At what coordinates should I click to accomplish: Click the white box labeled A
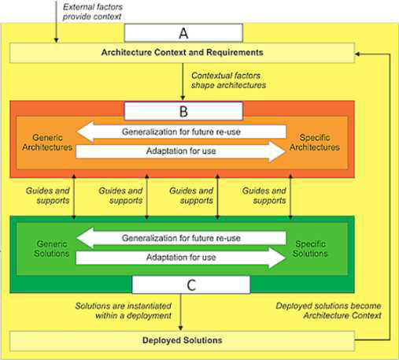pos(183,33)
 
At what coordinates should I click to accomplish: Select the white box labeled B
pos(183,111)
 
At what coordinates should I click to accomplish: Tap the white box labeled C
pos(191,284)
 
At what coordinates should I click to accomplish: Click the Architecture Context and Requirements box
pos(182,53)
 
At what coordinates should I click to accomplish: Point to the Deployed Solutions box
pos(182,341)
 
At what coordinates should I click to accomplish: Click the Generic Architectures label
pos(47,143)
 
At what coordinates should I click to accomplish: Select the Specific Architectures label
pos(315,143)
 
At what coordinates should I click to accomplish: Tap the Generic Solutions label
pos(52,249)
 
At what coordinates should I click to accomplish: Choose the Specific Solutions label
pos(310,249)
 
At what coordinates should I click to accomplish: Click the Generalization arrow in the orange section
pos(181,132)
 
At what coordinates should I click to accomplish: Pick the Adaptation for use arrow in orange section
pos(181,151)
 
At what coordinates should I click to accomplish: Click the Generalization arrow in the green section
pos(181,238)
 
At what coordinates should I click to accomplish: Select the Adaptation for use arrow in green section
pos(181,258)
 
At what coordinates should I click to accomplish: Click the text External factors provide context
pos(93,12)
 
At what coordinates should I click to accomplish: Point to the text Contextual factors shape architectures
pos(228,80)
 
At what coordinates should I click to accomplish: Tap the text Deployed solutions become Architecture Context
pos(328,310)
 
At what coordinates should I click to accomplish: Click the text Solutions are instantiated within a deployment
pos(124,310)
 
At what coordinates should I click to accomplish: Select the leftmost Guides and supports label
pos(48,195)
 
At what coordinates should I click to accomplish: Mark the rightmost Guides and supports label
pos(264,195)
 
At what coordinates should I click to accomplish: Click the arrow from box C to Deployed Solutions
pos(180,312)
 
